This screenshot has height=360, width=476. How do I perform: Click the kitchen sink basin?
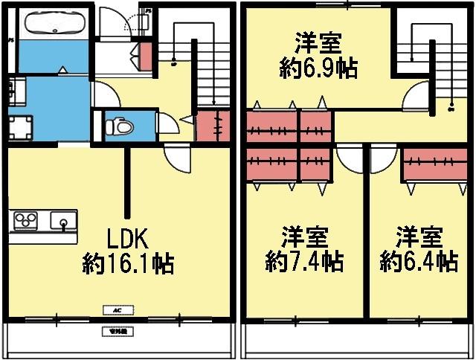[x=62, y=220]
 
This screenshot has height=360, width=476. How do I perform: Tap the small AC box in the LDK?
[x=117, y=309]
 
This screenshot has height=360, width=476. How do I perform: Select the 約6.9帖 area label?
[x=318, y=70]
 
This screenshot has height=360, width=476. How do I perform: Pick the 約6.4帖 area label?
[x=418, y=262]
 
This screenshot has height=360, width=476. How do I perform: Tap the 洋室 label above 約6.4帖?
[x=418, y=238]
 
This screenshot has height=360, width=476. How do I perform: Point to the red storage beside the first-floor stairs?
[x=213, y=126]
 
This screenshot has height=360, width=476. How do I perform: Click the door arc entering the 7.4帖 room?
[x=347, y=158]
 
